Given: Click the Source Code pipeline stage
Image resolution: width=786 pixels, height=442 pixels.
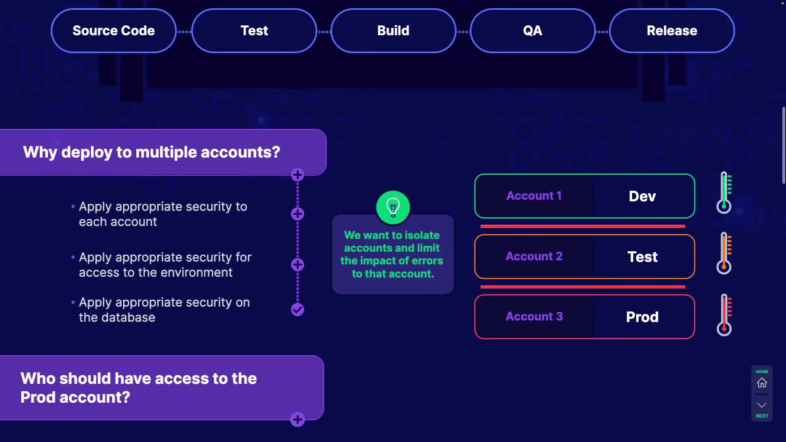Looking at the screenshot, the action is (114, 31).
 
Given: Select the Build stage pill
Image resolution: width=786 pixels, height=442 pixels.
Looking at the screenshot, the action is (393, 31).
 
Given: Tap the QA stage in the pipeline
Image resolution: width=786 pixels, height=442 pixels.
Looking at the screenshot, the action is (533, 31).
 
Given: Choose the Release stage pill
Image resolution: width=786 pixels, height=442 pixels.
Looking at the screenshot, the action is (672, 31).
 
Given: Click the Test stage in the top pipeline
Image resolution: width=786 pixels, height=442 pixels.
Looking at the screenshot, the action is (254, 31).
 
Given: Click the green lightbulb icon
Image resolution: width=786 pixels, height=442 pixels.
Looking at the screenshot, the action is (393, 207).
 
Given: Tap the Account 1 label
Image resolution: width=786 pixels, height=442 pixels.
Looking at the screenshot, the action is (534, 196).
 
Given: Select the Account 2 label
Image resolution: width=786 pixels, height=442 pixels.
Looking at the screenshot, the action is (534, 256).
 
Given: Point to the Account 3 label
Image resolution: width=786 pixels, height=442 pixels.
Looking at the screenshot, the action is (534, 316).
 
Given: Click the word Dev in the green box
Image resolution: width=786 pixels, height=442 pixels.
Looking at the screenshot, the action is (642, 196).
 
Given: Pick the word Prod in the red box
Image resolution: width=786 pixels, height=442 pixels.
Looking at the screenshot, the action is (642, 317).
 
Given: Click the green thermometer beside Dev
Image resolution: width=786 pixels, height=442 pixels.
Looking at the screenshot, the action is (724, 192).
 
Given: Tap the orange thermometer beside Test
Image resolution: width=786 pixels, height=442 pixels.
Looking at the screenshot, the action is (724, 253).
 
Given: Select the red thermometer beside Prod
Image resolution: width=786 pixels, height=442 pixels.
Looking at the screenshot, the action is (724, 314).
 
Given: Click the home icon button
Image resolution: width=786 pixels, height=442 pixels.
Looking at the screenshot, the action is (762, 383).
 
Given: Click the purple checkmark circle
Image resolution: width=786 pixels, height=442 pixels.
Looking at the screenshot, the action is (298, 310).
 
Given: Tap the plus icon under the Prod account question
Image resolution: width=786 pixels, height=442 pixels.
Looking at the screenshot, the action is (298, 419).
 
